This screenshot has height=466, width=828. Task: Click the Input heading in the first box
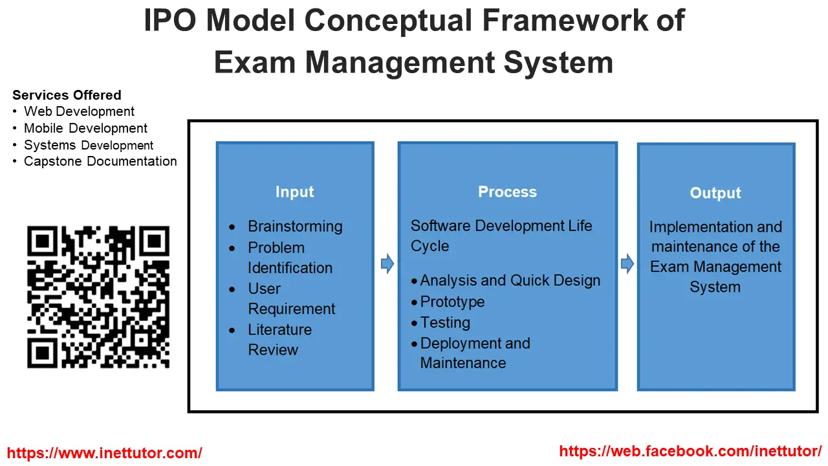(x=294, y=192)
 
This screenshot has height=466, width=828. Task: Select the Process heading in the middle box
(x=507, y=192)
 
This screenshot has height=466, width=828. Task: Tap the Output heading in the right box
(x=715, y=194)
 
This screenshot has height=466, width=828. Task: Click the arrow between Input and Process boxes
(x=387, y=263)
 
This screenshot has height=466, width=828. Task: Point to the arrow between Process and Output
(x=627, y=263)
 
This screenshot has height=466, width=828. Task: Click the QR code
(x=98, y=297)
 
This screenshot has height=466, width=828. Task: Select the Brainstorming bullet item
(x=295, y=227)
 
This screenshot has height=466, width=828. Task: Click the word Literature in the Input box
(x=279, y=329)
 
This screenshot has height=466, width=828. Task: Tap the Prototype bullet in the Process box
(x=452, y=302)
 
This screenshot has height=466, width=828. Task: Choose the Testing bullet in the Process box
(x=445, y=322)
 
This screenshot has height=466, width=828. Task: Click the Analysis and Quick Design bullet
(x=510, y=281)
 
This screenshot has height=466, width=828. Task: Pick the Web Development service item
(x=79, y=111)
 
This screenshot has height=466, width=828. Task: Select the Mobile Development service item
(x=85, y=128)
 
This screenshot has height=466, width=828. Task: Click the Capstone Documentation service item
(x=100, y=161)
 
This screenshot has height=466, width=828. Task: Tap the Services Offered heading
(x=67, y=95)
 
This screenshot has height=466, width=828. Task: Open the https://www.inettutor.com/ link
(x=104, y=453)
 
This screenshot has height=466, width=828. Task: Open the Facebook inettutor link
(x=690, y=451)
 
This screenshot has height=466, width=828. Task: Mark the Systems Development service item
(x=89, y=145)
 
